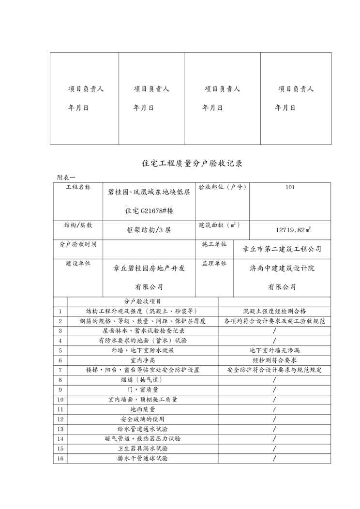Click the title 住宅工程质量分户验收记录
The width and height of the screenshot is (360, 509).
[x=192, y=164]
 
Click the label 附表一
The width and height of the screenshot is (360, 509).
[x=66, y=178]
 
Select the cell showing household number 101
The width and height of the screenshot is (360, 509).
[x=290, y=187]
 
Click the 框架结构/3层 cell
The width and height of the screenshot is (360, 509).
[x=149, y=230]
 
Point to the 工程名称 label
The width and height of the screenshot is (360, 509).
[x=78, y=187]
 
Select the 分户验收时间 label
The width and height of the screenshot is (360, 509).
[x=78, y=245]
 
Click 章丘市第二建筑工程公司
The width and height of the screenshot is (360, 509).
[x=282, y=249]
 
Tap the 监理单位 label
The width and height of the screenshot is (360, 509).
[x=214, y=264]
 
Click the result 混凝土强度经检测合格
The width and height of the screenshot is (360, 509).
[x=274, y=311]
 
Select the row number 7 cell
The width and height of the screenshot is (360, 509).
[x=60, y=370]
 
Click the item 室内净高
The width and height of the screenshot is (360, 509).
[x=143, y=360]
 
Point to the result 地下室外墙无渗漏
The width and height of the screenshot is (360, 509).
[x=274, y=350]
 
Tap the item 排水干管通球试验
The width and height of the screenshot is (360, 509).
[x=143, y=458]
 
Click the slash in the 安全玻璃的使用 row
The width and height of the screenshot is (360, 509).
[x=274, y=419]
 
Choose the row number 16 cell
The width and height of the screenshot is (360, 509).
[x=60, y=458]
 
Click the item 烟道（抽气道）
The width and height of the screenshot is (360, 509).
[x=143, y=380]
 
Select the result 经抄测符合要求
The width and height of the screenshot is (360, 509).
[x=274, y=360]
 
